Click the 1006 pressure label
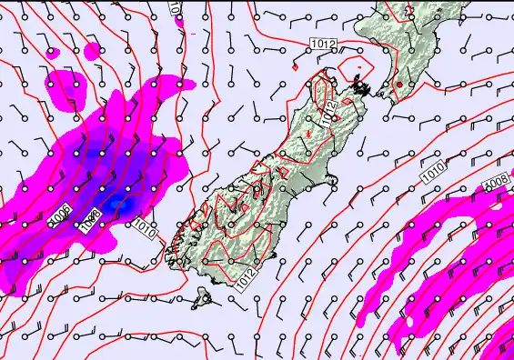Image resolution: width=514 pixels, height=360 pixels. click(60, 216)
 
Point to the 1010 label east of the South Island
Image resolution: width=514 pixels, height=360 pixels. click(434, 167)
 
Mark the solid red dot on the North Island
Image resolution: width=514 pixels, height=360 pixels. click(398, 85)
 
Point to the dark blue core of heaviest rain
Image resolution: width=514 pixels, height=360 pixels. click(113, 205)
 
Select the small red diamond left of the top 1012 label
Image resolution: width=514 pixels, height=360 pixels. click(296, 65)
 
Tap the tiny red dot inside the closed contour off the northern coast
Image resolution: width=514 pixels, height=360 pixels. click(359, 69)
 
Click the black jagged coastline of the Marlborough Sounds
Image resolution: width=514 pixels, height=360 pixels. click(362, 88)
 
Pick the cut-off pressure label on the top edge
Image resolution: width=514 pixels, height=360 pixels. click(175, 5)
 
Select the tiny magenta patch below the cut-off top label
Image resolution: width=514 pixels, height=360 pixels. click(179, 20)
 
